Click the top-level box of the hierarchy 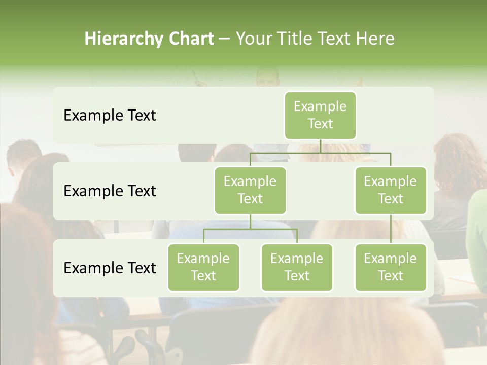coord(320,115)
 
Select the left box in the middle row coord(250,190)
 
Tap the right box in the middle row coord(391,190)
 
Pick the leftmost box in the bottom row coord(203,267)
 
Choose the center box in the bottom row coord(297,267)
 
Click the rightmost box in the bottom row coord(391,267)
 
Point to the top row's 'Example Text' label coord(110,116)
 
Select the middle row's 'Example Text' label coord(110,191)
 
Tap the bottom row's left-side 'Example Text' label coord(110,268)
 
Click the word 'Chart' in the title coord(189,39)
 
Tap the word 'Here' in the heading coord(375,39)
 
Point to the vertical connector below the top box coord(320,146)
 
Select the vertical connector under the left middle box coord(250,222)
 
